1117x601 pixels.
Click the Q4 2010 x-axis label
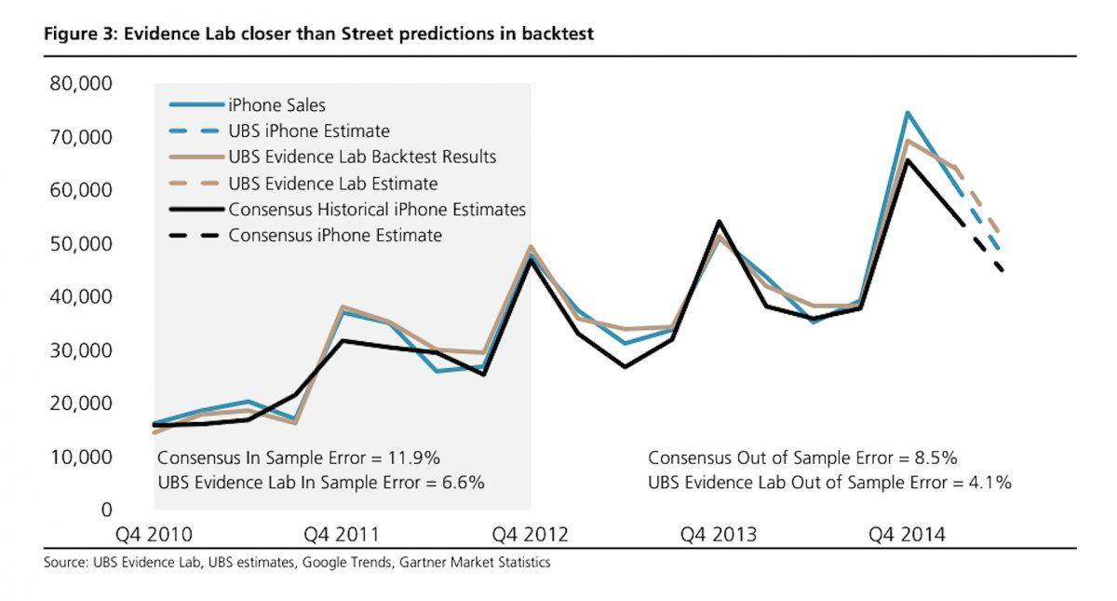tap(155, 535)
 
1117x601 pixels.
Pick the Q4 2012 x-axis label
tap(531, 535)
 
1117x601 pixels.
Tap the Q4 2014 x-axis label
tap(907, 535)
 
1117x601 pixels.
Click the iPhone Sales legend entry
tap(276, 105)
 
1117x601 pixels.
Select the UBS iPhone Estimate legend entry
tap(309, 131)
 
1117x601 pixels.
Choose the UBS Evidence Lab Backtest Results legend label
tap(362, 157)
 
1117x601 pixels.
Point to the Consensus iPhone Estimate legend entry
tap(335, 235)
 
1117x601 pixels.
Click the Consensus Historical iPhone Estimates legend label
tap(377, 209)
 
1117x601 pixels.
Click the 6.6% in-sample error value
tap(455, 483)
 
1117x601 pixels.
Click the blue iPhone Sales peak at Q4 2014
tap(907, 113)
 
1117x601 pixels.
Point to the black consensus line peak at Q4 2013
tap(720, 222)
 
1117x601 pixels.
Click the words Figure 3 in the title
tap(75, 34)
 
